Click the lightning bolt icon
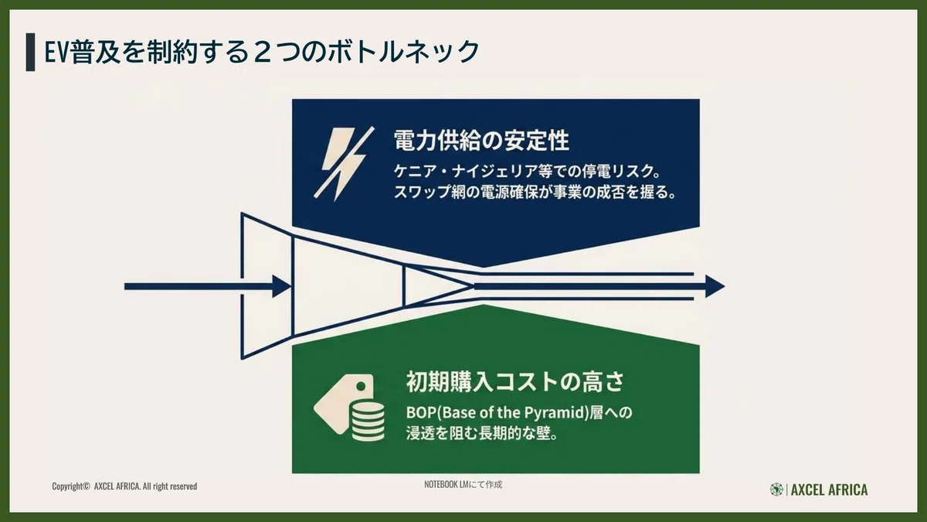point(345,164)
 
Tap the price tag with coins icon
point(349,408)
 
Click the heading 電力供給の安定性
point(481,140)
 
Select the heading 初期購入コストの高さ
point(514,381)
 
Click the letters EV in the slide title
point(56,53)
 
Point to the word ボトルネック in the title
point(403,53)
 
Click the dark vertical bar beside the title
point(30,53)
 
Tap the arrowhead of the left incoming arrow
point(282,286)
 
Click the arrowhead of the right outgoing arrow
point(715,286)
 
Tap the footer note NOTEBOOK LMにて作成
point(463,484)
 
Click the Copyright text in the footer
point(124,486)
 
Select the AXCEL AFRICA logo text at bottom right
point(830,490)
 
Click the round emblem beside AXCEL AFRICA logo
point(776,490)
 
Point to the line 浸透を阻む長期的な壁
point(481,434)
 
